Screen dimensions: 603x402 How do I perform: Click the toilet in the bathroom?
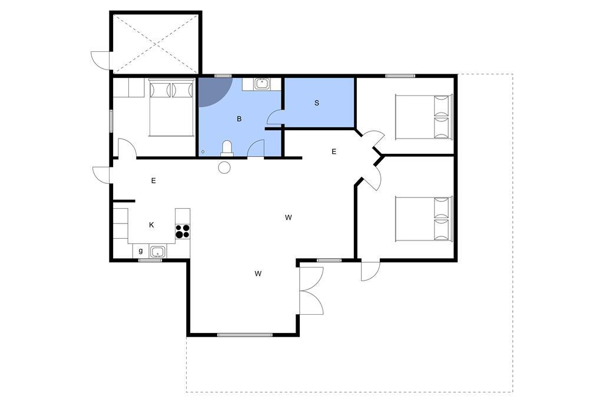tap(227, 149)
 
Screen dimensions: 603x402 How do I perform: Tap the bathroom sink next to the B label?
tap(262, 84)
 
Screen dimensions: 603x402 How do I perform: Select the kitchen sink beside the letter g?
tap(157, 252)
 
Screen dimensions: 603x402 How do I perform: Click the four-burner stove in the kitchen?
tap(183, 231)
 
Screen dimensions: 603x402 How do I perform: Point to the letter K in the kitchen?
tap(151, 225)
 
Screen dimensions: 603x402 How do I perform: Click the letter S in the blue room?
tap(316, 103)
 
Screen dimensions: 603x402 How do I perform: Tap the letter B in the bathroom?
tap(239, 119)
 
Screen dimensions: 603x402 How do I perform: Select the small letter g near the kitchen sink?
tap(141, 251)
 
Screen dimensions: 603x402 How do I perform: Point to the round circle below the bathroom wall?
tap(224, 167)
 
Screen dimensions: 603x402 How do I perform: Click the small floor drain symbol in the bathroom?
tap(203, 151)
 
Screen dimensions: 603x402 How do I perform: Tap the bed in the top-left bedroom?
tap(171, 107)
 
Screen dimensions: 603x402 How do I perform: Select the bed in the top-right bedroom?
tap(424, 116)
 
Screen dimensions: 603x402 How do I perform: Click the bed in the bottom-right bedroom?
tap(424, 219)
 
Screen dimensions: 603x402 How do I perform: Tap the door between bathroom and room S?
tap(275, 117)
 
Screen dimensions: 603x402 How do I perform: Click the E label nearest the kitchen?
tap(154, 180)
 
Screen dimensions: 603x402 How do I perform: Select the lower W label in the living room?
tap(258, 274)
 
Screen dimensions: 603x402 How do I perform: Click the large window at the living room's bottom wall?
tap(244, 335)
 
